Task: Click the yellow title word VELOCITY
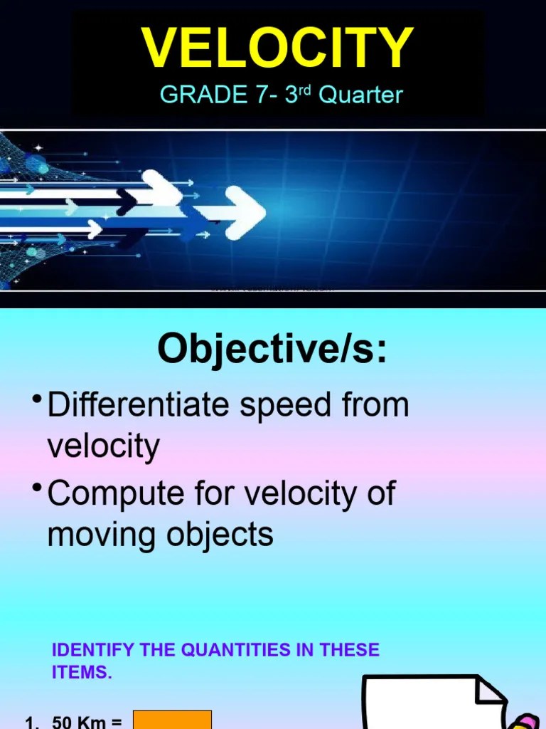(277, 48)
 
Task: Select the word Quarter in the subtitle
(360, 95)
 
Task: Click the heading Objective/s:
(272, 349)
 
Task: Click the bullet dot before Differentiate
(35, 400)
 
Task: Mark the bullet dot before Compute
(35, 488)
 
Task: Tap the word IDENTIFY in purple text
(95, 650)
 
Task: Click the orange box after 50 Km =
(173, 720)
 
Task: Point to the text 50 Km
(77, 723)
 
